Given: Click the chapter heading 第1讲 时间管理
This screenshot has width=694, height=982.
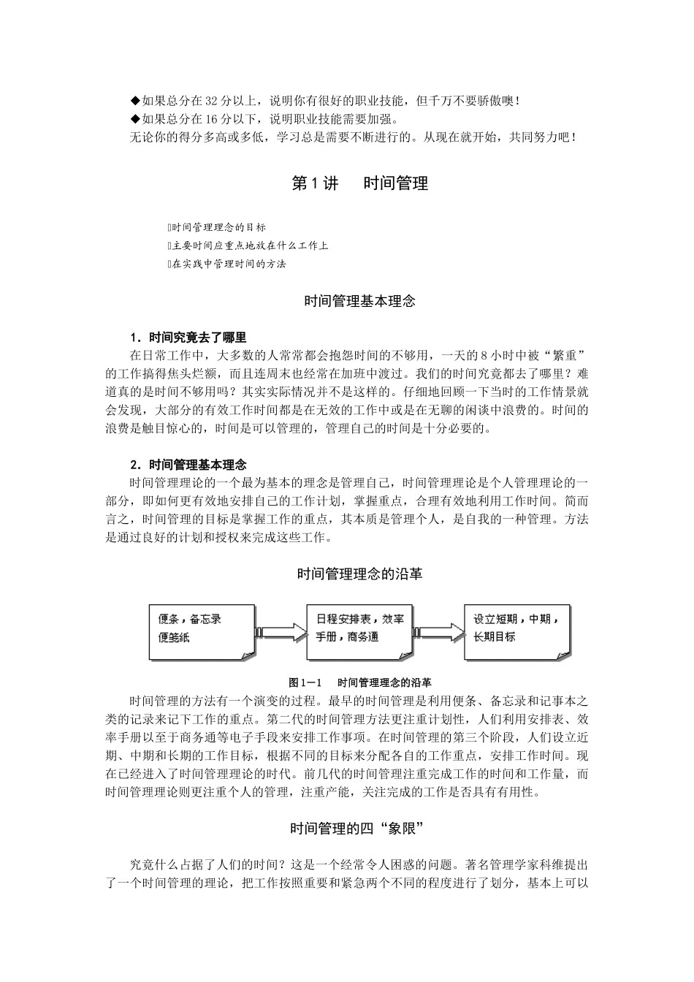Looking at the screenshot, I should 359,183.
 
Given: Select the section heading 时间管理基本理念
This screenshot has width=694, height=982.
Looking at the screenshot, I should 359,300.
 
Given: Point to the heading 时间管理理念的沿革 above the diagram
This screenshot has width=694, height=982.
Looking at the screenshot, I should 359,574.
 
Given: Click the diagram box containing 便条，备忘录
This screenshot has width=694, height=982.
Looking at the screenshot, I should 202,628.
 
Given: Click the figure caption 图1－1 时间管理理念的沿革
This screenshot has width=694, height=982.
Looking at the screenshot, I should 359,682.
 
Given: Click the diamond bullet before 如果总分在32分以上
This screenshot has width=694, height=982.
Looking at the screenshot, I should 134,101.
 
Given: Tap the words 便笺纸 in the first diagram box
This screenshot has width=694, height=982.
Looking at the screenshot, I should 174,637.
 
